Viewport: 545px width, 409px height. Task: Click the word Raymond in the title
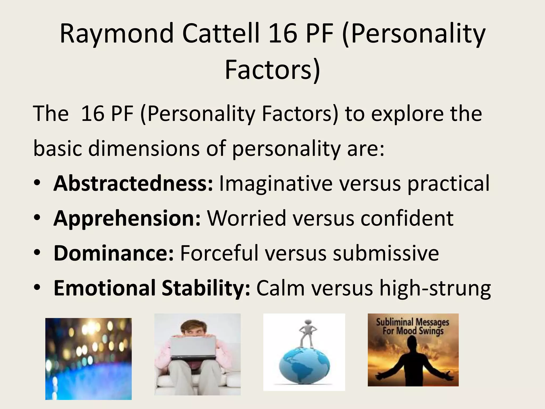[117, 34]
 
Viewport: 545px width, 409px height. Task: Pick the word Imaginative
[276, 183]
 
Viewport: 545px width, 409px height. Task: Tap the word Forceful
[219, 253]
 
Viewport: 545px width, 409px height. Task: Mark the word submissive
[386, 253]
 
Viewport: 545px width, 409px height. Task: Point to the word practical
[448, 183]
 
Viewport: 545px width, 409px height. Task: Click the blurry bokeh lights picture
[88, 359]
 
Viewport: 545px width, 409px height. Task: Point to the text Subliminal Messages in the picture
[412, 322]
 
